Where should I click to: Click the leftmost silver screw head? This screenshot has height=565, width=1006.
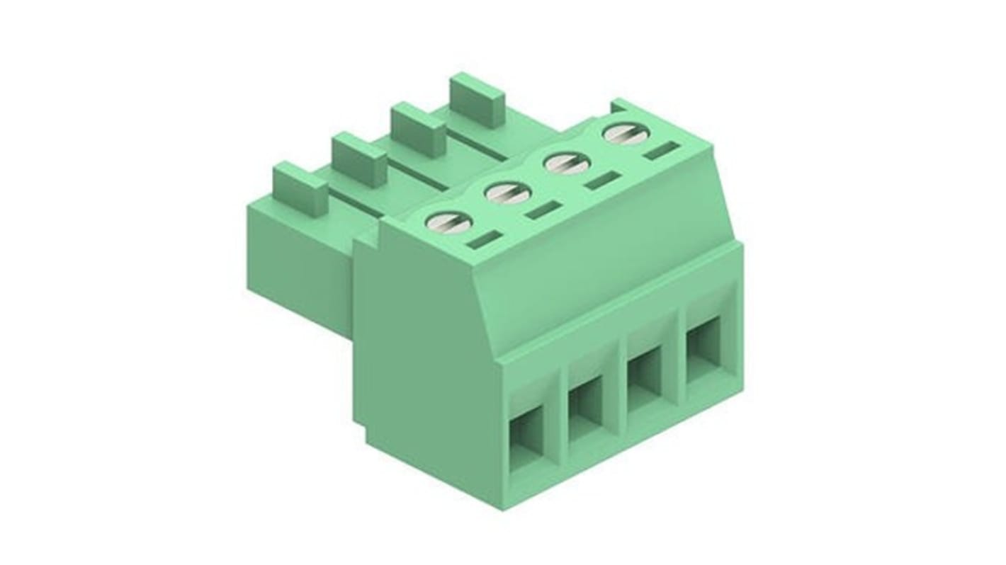coord(448,222)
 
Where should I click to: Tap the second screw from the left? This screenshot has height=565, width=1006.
coord(508,193)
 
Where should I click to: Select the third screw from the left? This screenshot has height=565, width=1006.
coord(567,164)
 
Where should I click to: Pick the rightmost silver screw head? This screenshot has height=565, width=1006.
coord(625,134)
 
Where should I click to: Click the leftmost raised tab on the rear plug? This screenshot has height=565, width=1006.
coord(300,187)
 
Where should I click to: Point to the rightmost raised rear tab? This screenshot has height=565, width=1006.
coord(476,99)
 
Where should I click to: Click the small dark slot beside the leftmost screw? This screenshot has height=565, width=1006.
coord(485,239)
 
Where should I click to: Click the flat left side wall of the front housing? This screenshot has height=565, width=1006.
coord(425,354)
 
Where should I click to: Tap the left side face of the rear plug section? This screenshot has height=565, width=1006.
coord(298,262)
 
